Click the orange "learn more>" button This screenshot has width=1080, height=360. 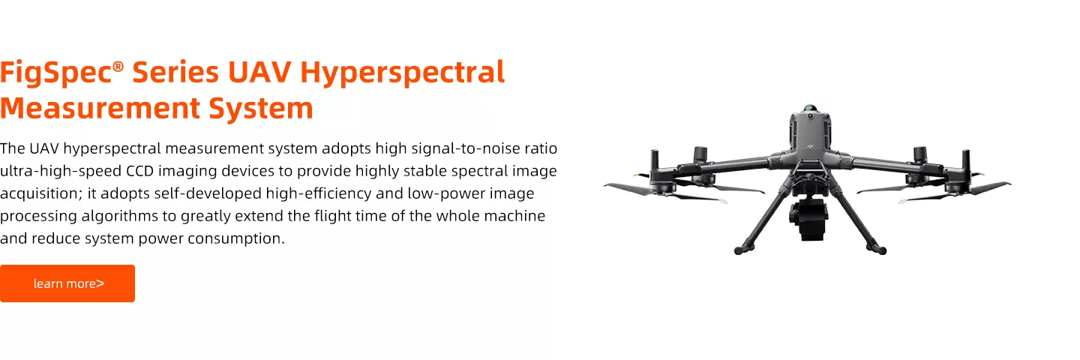(67, 283)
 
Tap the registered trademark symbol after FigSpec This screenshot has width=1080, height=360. (118, 66)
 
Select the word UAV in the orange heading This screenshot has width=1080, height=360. (259, 72)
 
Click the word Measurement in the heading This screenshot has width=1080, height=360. (100, 108)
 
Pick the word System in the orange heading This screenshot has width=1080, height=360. (261, 109)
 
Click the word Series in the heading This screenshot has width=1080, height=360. (175, 72)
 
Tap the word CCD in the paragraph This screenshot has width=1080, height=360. (139, 171)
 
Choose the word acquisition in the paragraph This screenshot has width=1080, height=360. (40, 193)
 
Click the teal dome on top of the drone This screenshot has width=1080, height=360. (810, 108)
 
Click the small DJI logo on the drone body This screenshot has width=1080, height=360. (810, 143)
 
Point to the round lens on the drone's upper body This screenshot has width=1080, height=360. (810, 116)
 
